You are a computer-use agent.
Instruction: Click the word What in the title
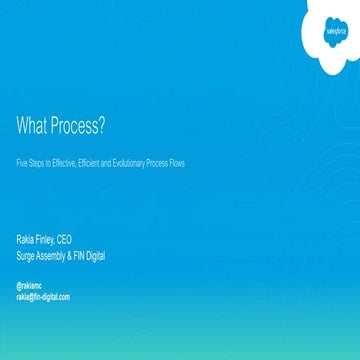31,126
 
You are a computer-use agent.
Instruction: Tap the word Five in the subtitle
22,160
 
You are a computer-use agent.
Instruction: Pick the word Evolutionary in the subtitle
128,160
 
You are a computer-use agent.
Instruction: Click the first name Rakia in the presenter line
26,240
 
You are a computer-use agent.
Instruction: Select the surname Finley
46,240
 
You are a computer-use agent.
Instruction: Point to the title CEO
66,240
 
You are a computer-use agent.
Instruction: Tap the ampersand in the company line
73,255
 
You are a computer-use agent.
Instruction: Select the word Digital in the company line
98,255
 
